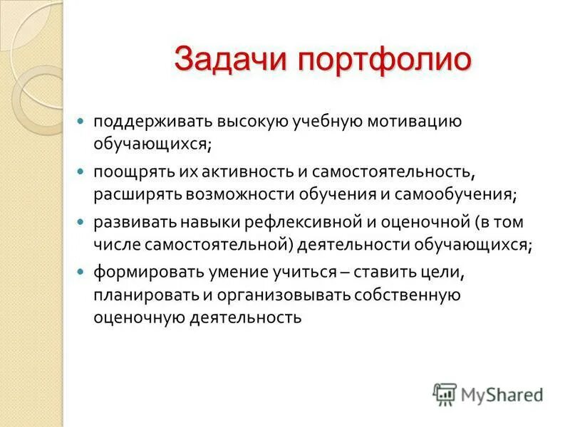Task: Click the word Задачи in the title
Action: click(x=230, y=58)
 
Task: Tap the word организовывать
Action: click(x=269, y=295)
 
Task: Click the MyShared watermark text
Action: click(x=501, y=394)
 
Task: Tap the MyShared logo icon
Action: click(x=444, y=393)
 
